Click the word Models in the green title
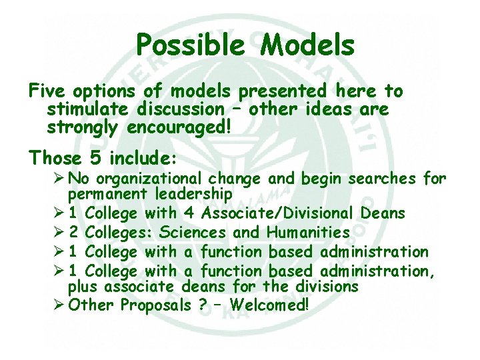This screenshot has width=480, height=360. [x=307, y=46]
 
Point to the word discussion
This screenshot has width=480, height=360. [x=184, y=109]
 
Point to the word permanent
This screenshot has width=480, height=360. [x=109, y=195]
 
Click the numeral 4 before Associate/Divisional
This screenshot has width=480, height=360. [x=189, y=214]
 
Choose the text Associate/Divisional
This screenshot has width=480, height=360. [x=278, y=214]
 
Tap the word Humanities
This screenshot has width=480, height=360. [x=308, y=233]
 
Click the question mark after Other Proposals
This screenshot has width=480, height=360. [x=203, y=306]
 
